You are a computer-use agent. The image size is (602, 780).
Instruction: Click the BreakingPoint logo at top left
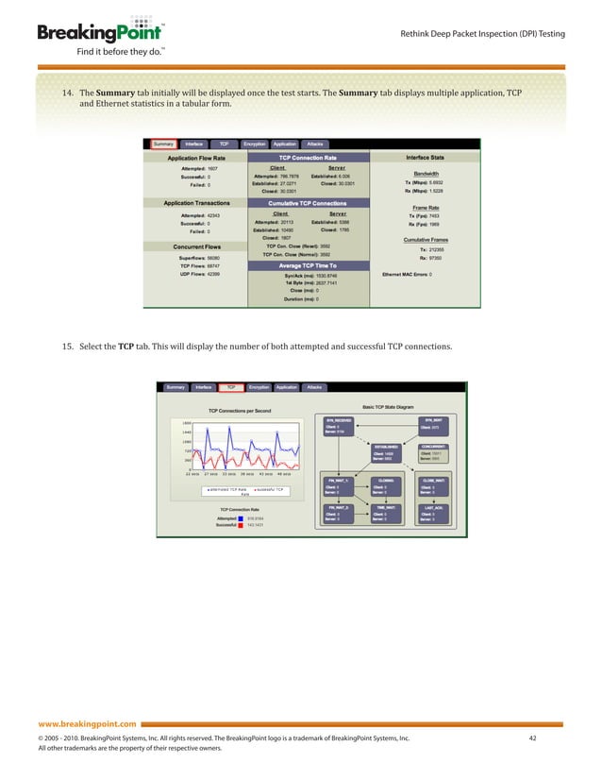(91, 34)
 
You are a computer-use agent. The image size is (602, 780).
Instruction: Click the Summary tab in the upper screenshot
(163, 144)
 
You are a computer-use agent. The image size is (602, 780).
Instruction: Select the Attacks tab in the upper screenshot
(315, 144)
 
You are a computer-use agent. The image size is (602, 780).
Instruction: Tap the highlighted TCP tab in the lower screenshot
(231, 386)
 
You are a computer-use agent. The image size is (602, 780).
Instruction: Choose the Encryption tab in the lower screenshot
(259, 386)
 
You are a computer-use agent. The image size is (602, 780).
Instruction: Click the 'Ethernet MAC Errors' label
(404, 274)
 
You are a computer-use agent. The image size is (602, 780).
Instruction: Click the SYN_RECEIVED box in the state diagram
(339, 425)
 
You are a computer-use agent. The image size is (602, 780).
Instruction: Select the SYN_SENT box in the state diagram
(433, 425)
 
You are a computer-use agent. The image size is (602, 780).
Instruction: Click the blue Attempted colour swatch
(242, 517)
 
